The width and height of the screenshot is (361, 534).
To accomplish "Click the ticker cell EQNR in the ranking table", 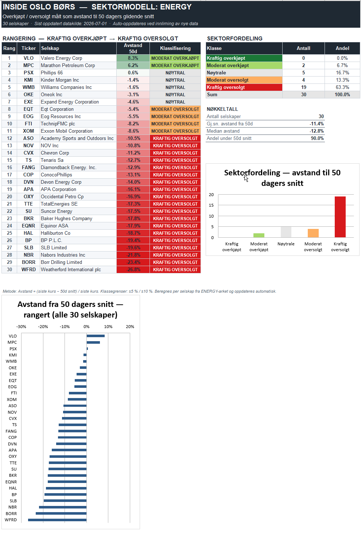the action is (x=28, y=226).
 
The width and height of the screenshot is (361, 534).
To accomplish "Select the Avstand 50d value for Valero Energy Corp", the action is (x=133, y=58).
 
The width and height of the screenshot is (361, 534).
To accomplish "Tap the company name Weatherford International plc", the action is (x=71, y=270).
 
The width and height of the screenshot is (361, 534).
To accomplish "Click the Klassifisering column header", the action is (x=175, y=48).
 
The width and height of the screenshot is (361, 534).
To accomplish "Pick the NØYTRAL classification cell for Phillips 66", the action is (x=175, y=73).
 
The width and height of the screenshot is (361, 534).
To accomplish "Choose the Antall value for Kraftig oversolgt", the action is (x=303, y=87).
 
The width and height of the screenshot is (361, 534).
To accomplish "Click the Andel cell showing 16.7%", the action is (x=342, y=73).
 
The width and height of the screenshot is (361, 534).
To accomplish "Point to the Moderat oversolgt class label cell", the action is (x=244, y=80).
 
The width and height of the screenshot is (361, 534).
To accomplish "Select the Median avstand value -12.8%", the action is (x=317, y=131).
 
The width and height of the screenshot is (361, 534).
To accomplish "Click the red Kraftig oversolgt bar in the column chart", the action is (x=340, y=217).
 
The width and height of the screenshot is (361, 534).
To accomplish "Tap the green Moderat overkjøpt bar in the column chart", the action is (x=259, y=235).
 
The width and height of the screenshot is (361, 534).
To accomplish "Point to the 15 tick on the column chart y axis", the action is (x=211, y=205).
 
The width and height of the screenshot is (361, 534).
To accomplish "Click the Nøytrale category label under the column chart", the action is (x=286, y=244).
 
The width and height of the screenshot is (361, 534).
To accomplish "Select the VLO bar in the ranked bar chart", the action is (x=96, y=336).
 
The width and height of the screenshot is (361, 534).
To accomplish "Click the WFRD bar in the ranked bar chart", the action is (x=57, y=520).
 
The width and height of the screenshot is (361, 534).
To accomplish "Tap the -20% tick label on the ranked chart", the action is (x=43, y=327).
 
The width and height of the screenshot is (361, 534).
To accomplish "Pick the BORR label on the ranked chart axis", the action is (x=11, y=514).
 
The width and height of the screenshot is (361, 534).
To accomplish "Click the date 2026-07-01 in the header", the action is (x=95, y=24).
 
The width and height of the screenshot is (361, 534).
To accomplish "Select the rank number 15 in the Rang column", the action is (x=9, y=160).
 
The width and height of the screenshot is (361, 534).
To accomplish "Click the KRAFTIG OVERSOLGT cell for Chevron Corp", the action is (x=175, y=153).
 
